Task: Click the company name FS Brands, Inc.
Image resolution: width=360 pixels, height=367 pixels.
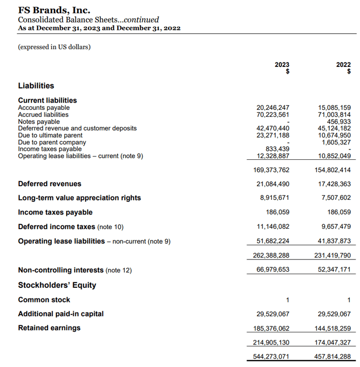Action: tap(54, 10)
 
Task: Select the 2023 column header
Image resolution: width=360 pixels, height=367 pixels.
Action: tap(282, 65)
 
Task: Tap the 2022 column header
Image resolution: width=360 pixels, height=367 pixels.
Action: tap(343, 65)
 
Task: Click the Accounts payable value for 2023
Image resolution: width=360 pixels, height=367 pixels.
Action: tap(273, 108)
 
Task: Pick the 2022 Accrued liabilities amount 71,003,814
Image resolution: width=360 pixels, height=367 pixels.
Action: tap(335, 114)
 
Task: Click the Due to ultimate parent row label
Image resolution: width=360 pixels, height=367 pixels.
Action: tap(50, 135)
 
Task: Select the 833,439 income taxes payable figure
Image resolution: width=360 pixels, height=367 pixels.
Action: tap(277, 149)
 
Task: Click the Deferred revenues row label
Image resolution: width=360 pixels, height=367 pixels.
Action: tap(49, 184)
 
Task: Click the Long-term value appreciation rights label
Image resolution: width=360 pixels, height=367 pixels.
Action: tap(79, 198)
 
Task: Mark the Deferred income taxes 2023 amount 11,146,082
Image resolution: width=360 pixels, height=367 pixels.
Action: tap(273, 227)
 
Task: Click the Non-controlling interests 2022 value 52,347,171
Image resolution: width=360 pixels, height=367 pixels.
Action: tap(335, 270)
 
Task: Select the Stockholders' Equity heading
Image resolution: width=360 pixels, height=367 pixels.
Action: tap(57, 285)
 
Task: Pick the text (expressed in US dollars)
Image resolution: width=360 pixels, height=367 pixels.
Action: tap(54, 47)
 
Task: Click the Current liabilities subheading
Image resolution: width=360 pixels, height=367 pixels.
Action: tap(47, 100)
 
